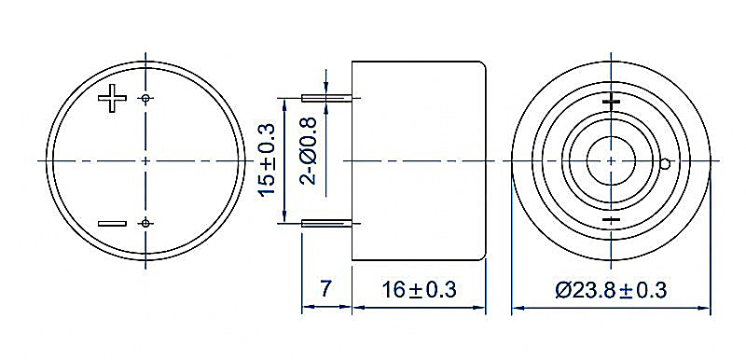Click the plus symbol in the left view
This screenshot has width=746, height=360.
click(x=112, y=98)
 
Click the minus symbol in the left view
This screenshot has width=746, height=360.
click(x=112, y=224)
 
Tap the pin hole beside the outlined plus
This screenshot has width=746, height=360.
click(x=145, y=99)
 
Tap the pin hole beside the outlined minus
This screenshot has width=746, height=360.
click(x=145, y=223)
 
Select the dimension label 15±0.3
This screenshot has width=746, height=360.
click(x=268, y=159)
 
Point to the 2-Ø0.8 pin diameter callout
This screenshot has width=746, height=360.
click(x=309, y=151)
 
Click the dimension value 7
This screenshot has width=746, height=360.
click(x=325, y=289)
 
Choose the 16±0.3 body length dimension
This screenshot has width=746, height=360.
click(x=419, y=289)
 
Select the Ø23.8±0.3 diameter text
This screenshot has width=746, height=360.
click(x=611, y=289)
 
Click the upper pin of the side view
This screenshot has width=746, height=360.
click(x=327, y=99)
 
